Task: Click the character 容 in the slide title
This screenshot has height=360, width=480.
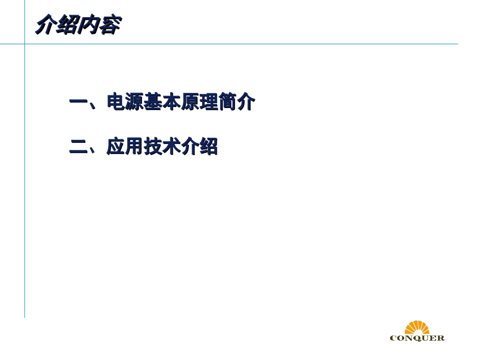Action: [109, 26]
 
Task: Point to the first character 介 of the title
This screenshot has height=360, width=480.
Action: [45, 26]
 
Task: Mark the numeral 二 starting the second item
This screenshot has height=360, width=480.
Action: [78, 147]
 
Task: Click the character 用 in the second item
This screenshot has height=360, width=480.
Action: [134, 147]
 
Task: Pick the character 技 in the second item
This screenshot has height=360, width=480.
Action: [153, 147]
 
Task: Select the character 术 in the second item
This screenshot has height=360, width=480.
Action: [171, 147]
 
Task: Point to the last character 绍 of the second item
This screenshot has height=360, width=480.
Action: [209, 147]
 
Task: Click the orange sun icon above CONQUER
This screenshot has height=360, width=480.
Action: [417, 327]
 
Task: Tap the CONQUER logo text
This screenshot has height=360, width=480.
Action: [417, 338]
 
